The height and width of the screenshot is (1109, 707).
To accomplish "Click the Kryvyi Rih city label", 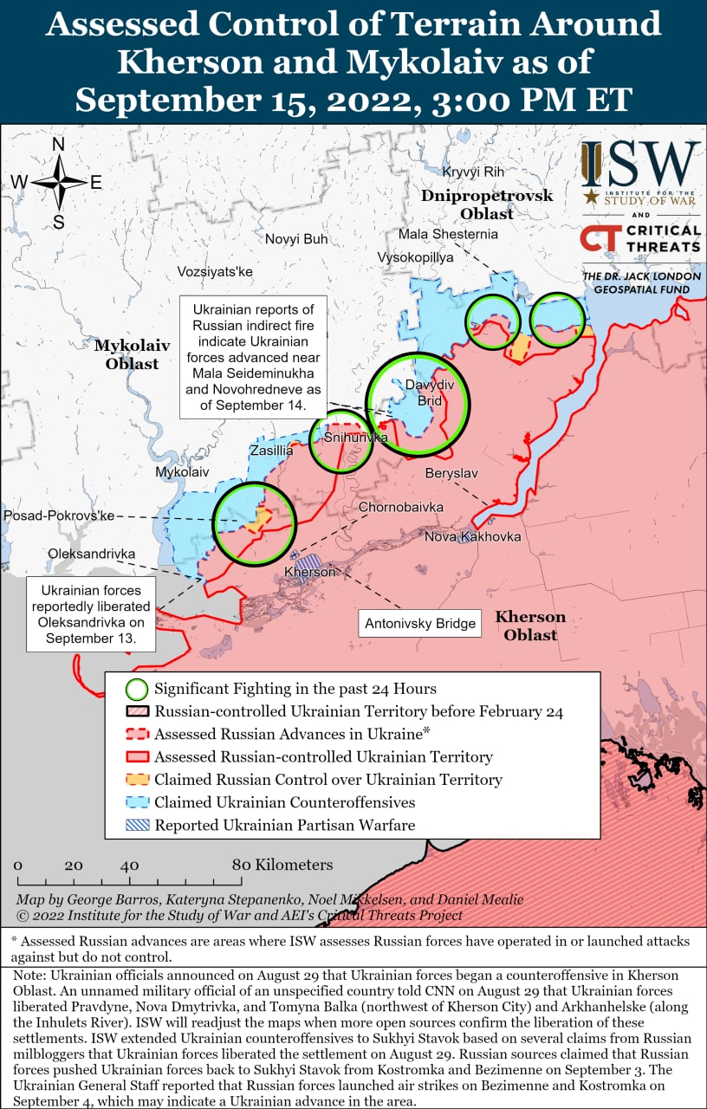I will click(473, 172).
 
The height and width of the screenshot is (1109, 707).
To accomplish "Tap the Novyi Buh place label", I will click(296, 239).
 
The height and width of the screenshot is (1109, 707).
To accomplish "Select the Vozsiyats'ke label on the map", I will click(215, 272).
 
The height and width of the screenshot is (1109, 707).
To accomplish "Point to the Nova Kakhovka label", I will click(472, 537).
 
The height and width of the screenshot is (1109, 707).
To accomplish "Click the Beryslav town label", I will click(451, 473).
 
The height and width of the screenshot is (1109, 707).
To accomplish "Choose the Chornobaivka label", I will click(401, 507).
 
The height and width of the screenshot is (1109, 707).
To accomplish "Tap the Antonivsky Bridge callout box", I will click(420, 623).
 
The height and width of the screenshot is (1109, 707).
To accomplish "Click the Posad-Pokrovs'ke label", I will click(59, 516).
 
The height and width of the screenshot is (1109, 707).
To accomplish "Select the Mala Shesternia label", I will click(448, 234).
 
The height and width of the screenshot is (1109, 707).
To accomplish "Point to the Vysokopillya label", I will click(415, 258).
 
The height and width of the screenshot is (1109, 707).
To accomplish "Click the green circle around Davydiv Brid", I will click(418, 404).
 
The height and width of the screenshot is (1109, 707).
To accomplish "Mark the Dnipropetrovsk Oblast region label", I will click(487, 204).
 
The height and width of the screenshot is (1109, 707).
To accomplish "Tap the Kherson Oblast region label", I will click(530, 626).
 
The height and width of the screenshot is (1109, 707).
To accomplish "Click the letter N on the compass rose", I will click(59, 145).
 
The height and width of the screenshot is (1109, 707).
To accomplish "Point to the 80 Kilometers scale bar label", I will click(282, 865).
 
